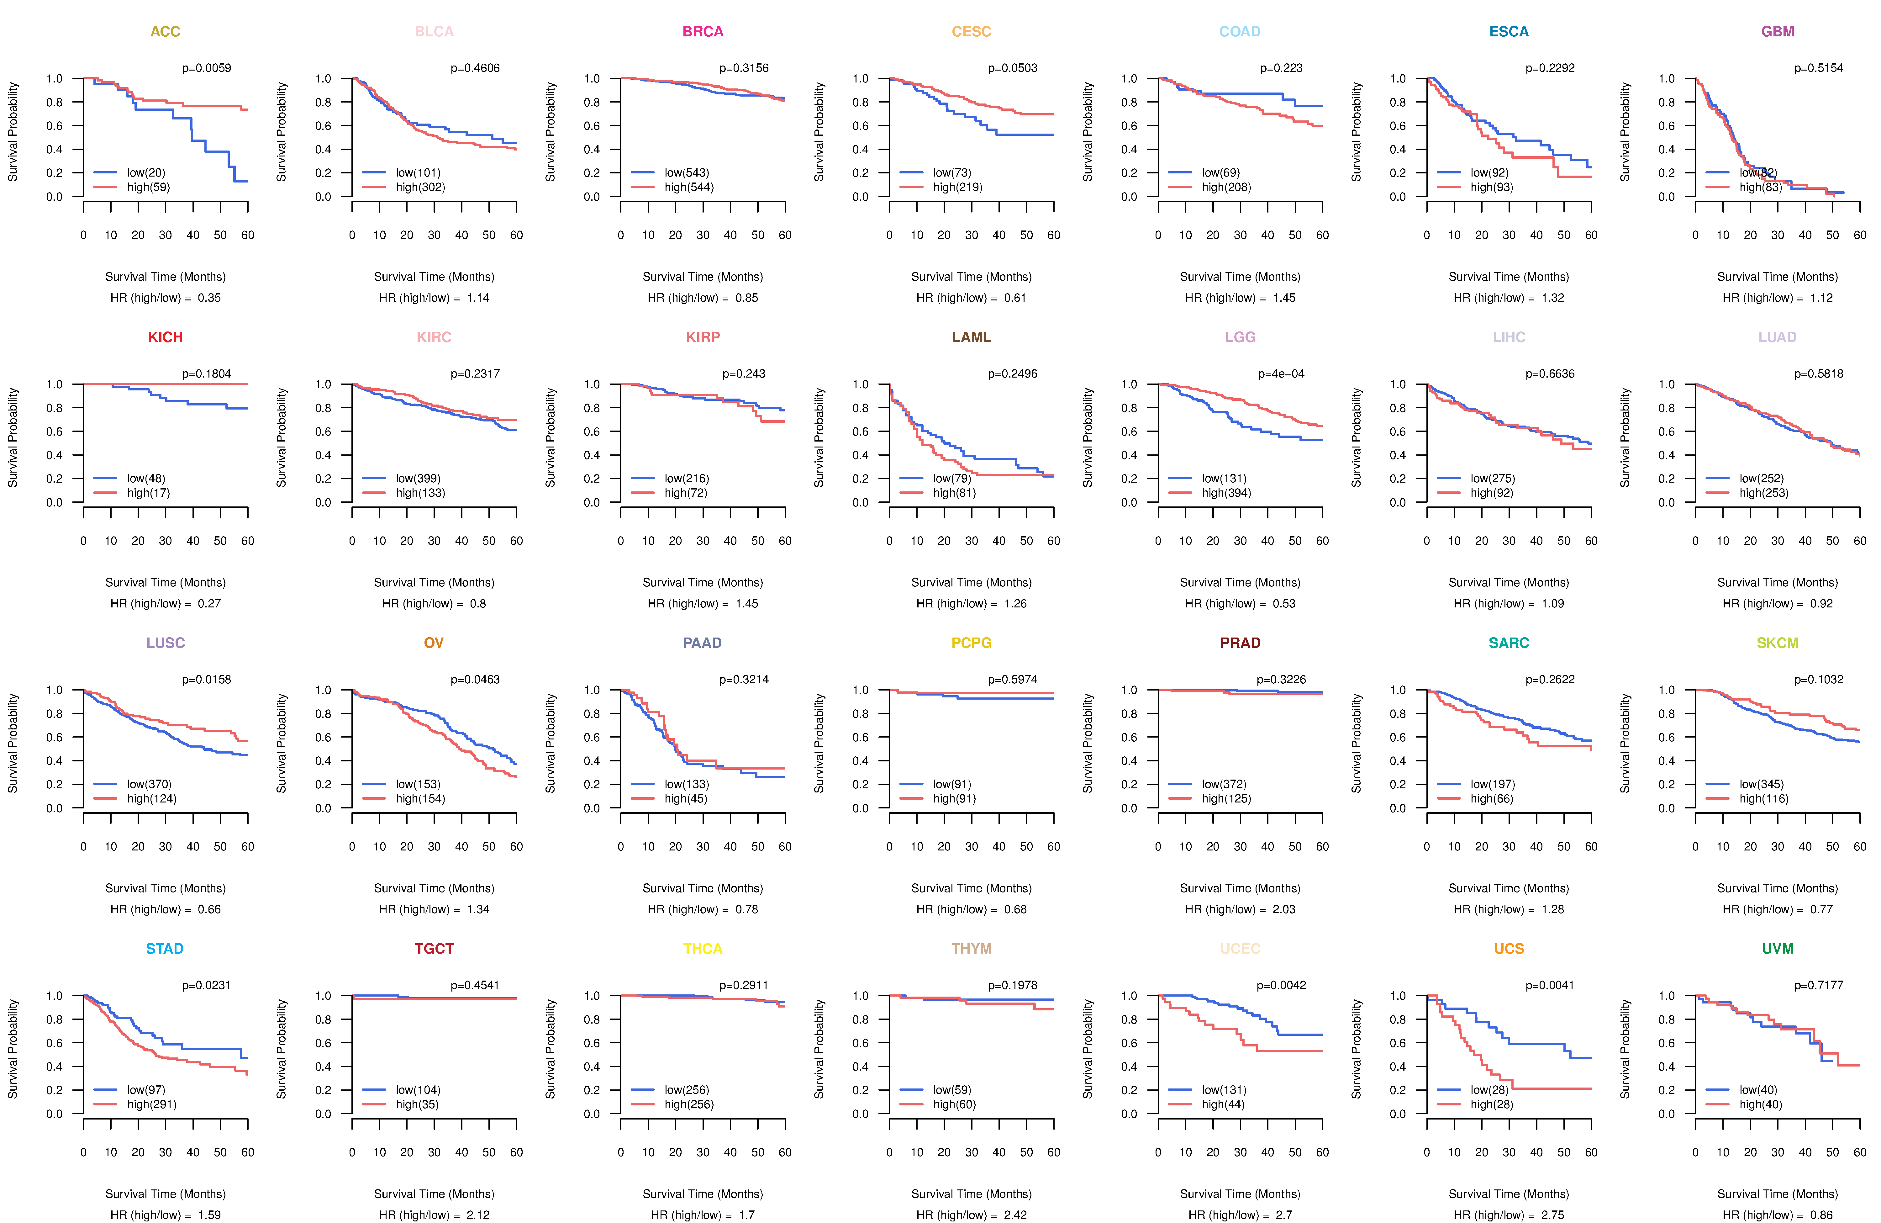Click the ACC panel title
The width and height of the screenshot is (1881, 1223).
165,32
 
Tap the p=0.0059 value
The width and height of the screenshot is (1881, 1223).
206,68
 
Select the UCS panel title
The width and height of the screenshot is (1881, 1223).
1509,949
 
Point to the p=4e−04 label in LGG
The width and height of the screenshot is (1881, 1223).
1281,374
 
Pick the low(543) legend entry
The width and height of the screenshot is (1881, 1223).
686,172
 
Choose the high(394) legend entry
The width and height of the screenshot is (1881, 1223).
1226,493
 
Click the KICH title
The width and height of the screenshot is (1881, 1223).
165,337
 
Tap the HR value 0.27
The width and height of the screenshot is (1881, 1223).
209,603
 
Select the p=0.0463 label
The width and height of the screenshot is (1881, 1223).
475,679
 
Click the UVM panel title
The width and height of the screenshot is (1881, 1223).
1778,949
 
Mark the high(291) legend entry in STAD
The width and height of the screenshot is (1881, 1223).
152,1104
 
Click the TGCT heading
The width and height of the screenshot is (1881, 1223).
434,949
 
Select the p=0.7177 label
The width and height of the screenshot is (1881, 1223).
1819,985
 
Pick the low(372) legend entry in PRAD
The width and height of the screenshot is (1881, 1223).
1224,784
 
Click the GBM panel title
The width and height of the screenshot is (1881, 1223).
1778,32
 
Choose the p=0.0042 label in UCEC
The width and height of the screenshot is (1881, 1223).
1281,985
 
